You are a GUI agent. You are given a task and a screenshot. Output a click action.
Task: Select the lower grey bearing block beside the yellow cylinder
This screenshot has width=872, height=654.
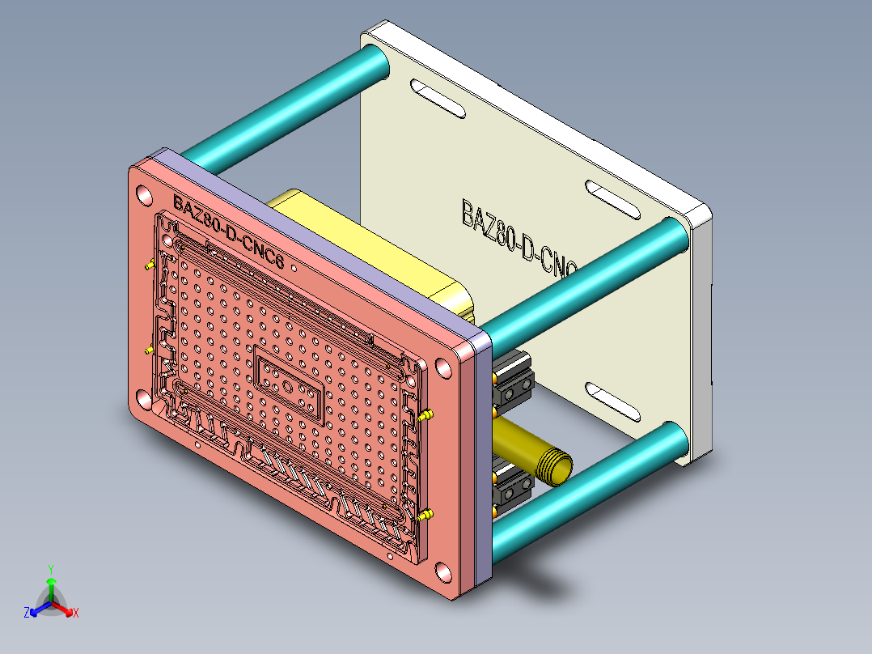(x=513, y=486)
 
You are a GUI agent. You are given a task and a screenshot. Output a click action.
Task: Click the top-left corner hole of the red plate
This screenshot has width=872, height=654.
(x=144, y=195)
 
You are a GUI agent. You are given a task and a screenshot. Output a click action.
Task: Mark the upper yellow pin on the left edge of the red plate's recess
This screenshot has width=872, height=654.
(x=148, y=265)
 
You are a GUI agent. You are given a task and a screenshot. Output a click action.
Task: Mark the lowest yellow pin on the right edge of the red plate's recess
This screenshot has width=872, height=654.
(x=425, y=515)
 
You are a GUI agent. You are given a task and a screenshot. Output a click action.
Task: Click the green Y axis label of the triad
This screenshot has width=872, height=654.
(x=51, y=569)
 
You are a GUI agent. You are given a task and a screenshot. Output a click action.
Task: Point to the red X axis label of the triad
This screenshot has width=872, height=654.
(x=76, y=613)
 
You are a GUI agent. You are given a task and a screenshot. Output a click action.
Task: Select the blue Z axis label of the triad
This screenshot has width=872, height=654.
(x=27, y=613)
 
